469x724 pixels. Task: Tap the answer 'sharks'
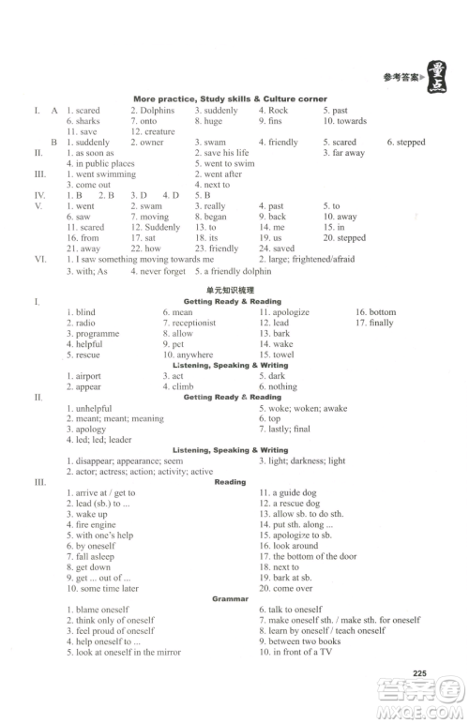(x=87, y=121)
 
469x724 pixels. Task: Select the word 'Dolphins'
(x=157, y=111)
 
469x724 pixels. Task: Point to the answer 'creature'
(x=160, y=131)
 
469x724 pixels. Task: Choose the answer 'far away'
(x=348, y=153)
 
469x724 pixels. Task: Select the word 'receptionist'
(x=194, y=323)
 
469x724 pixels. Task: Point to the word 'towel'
(x=282, y=355)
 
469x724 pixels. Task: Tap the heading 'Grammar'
(x=230, y=598)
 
